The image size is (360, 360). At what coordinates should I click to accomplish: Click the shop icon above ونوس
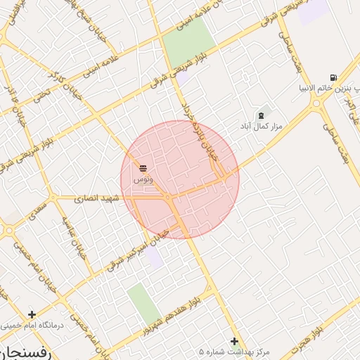tap(143, 168)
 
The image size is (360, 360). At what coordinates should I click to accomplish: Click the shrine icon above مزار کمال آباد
tap(262, 115)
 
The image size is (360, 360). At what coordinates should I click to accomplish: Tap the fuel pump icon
tap(332, 78)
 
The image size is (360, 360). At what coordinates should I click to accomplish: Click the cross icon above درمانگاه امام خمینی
tap(31, 314)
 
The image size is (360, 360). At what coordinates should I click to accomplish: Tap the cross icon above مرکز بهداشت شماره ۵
tap(235, 341)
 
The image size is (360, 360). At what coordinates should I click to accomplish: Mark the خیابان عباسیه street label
tap(73, 235)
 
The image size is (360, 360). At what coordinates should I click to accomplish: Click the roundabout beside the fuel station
tap(316, 104)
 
